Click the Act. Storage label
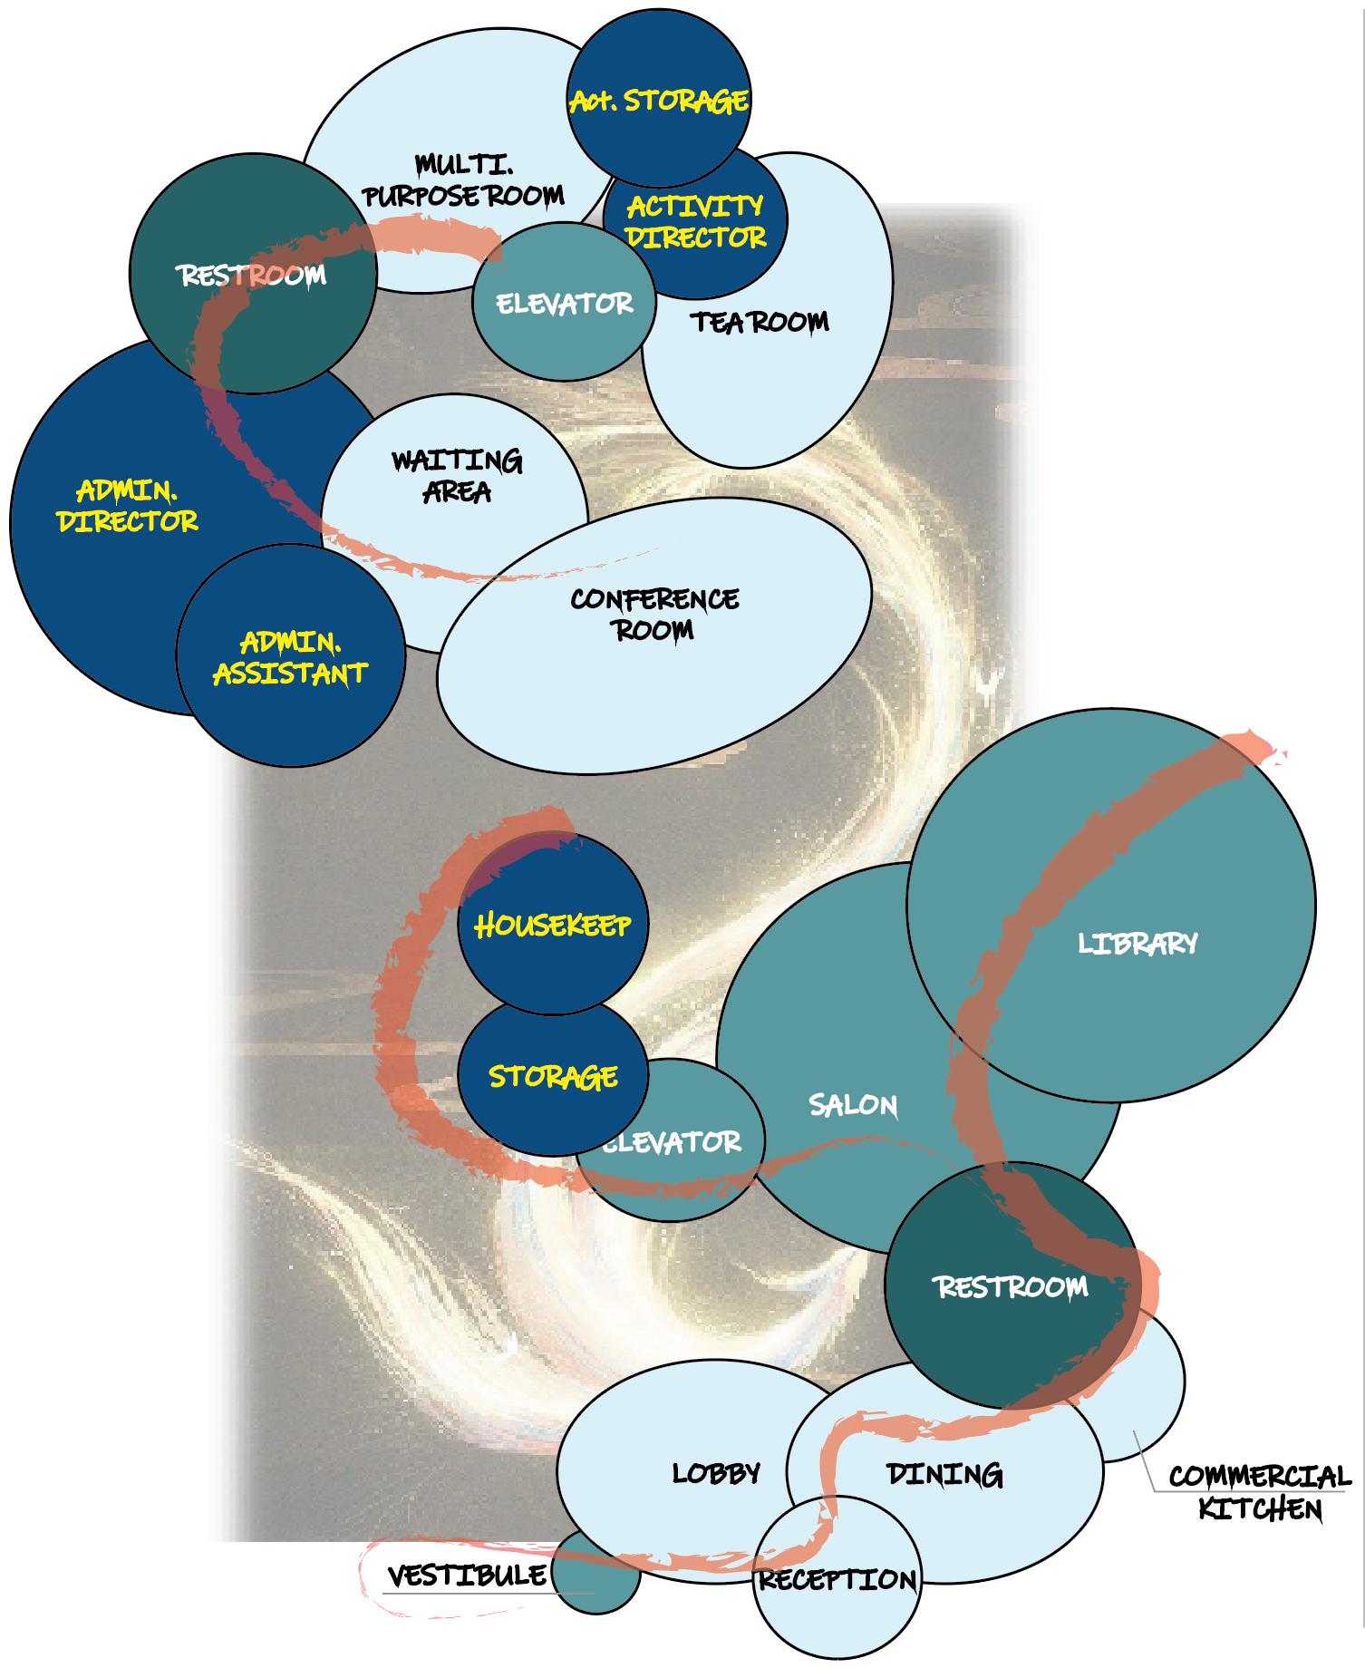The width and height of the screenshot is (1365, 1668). tap(659, 100)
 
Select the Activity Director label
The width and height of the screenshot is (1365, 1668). tap(696, 221)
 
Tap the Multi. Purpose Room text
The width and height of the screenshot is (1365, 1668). tap(463, 180)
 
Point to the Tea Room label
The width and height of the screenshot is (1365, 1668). tap(760, 322)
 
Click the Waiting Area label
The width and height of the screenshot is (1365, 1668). tap(457, 476)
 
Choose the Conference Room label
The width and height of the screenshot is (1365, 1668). tap(654, 614)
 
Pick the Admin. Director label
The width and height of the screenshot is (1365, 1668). tap(127, 506)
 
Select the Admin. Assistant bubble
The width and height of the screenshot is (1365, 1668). tap(290, 657)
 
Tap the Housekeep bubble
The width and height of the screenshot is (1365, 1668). tap(552, 925)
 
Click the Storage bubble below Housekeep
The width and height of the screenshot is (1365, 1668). tap(553, 1076)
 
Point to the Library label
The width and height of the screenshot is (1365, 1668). tap(1137, 944)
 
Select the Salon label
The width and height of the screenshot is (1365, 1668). tap(853, 1105)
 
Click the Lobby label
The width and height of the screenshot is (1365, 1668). tap(716, 1473)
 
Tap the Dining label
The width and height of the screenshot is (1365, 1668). tap(944, 1475)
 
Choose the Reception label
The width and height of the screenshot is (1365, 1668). tap(837, 1580)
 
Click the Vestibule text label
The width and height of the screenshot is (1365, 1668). tap(467, 1576)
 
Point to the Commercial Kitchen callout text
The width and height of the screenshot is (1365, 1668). tap(1260, 1492)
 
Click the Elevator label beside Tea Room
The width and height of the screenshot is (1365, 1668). tap(564, 303)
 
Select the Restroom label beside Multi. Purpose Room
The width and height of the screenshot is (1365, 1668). tap(252, 275)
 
